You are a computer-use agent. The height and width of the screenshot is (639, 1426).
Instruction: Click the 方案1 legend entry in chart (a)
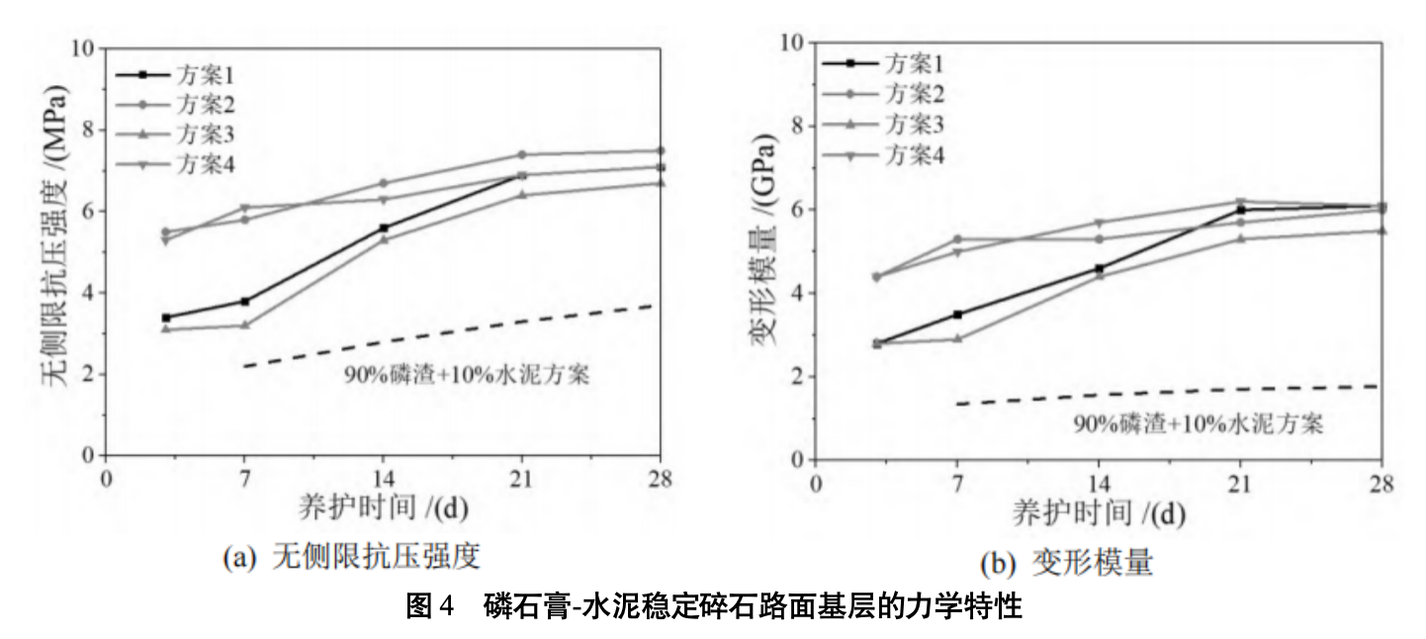tap(208, 74)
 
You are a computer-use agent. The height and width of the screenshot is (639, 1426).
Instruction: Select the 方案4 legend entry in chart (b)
tap(912, 154)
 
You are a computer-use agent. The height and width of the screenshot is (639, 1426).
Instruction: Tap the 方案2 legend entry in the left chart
tap(208, 103)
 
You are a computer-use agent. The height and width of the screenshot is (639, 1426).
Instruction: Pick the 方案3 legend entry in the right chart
tap(912, 125)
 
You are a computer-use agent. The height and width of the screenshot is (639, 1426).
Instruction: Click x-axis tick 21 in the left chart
tap(521, 479)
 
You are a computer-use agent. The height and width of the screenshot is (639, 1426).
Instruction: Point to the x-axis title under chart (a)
tap(383, 508)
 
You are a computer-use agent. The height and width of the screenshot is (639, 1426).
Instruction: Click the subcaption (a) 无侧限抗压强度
tap(352, 558)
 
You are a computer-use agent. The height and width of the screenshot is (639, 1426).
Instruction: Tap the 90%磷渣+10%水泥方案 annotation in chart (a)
tap(461, 375)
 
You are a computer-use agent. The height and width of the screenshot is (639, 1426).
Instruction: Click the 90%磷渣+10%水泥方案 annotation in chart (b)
tap(1199, 423)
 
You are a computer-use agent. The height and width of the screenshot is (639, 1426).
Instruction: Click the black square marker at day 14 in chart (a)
tap(384, 228)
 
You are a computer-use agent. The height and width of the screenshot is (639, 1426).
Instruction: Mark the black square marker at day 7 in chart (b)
tap(957, 315)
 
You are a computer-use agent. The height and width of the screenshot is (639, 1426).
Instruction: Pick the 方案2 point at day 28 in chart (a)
tap(661, 150)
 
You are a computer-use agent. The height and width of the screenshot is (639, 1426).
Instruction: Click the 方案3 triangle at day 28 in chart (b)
tap(1381, 230)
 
